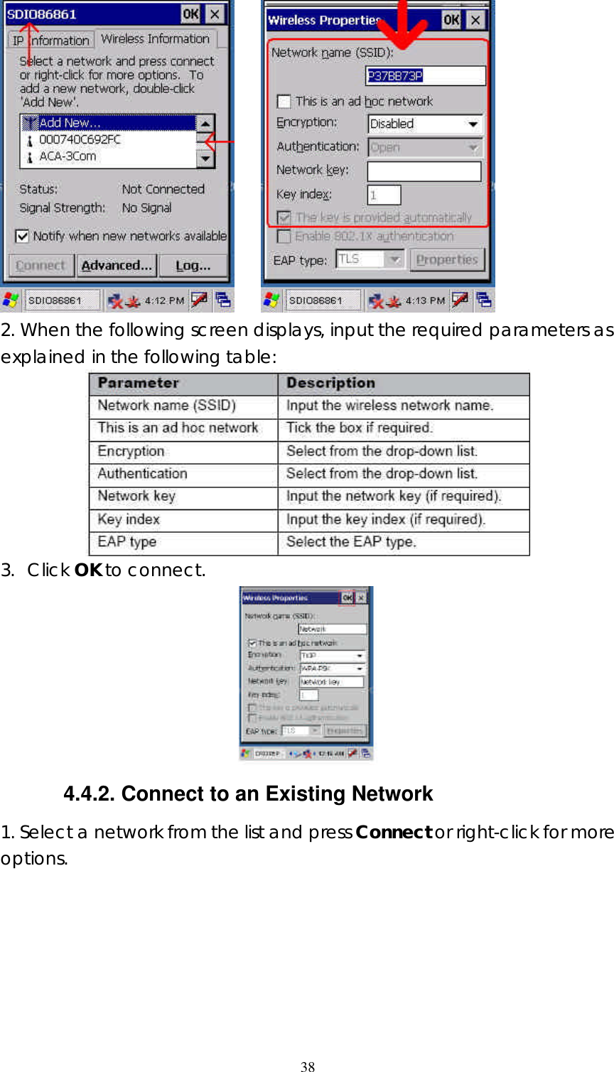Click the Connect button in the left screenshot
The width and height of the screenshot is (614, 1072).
point(41,266)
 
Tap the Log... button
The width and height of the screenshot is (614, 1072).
point(193,266)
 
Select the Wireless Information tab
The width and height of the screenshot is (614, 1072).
point(155,39)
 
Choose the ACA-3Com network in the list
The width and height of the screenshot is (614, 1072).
point(68,156)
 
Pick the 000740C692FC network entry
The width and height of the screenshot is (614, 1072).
point(80,140)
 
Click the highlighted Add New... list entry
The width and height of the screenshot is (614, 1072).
point(70,123)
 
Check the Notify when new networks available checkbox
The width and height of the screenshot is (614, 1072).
point(23,236)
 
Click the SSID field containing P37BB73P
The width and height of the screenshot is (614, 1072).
point(426,75)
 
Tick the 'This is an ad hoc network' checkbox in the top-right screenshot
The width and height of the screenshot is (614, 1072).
point(284,102)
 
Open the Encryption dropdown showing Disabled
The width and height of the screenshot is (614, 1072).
point(425,124)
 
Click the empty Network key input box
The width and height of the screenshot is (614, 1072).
point(424,171)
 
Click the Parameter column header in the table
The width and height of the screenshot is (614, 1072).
point(139,383)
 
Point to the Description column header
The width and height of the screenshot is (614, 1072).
point(330,383)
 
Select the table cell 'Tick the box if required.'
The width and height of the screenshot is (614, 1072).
point(359,428)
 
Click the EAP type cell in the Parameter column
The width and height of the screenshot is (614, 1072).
point(127,542)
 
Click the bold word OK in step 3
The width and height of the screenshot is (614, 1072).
point(88,570)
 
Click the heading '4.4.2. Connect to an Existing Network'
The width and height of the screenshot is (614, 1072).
point(248,794)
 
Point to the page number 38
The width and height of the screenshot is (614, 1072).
point(308,1066)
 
